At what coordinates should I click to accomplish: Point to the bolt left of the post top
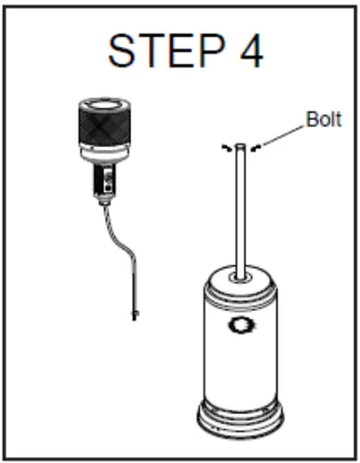[225, 147]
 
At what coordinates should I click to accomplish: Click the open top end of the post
[242, 145]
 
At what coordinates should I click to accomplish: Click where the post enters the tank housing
[242, 276]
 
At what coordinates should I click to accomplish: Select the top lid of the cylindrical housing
[243, 281]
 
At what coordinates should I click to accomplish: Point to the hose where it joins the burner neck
[102, 202]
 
